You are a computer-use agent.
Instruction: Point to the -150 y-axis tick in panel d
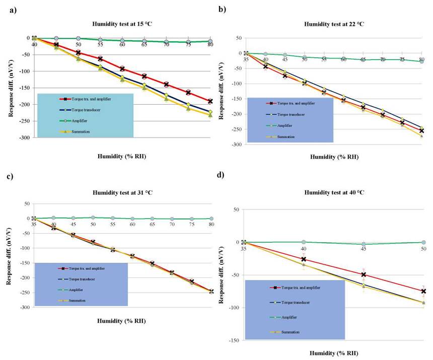[234, 340]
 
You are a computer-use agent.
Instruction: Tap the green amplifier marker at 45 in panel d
[363, 244]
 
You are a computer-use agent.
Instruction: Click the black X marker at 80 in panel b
[421, 131]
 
